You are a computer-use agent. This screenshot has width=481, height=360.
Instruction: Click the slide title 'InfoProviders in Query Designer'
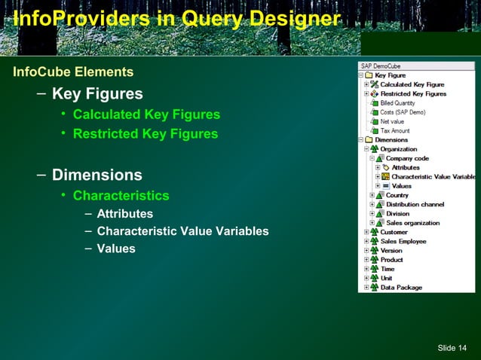171,19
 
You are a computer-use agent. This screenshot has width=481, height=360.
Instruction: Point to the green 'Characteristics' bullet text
121,196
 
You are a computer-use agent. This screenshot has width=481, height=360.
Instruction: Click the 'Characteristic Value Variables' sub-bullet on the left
182,231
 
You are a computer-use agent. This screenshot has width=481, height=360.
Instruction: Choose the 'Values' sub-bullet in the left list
116,249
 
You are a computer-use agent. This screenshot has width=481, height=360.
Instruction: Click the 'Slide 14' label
452,346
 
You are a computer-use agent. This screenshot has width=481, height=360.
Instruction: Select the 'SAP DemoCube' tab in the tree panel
378,66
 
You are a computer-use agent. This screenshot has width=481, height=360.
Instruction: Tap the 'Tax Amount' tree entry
396,130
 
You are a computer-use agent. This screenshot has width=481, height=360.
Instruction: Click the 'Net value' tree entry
393,121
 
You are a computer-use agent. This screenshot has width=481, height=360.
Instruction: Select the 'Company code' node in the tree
408,158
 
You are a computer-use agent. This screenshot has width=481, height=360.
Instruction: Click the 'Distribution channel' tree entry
415,205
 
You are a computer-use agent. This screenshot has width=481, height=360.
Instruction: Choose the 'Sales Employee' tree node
403,241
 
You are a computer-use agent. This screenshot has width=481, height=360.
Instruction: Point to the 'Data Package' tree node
401,287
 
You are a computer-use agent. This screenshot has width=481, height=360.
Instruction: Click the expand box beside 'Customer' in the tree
366,232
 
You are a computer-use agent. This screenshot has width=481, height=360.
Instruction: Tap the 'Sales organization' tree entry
412,223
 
